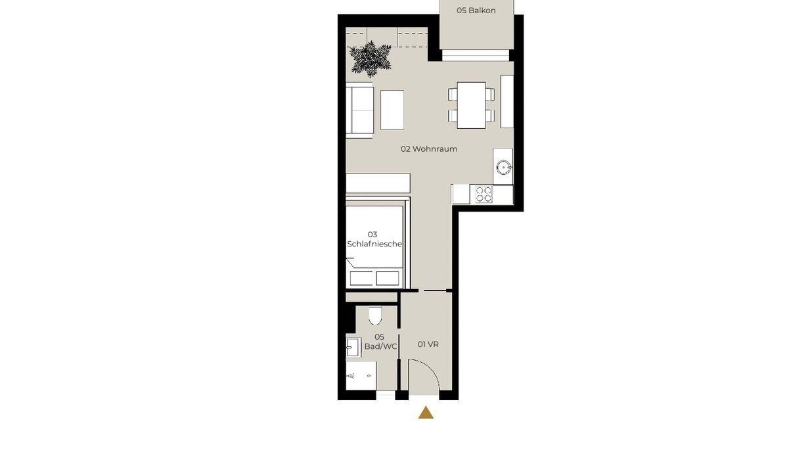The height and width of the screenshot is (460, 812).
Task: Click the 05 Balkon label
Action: [x=476, y=11]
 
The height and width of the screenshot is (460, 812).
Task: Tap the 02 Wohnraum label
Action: [x=429, y=149]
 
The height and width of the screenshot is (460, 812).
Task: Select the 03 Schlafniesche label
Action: [x=374, y=239]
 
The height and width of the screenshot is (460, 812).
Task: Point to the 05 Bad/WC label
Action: [x=380, y=342]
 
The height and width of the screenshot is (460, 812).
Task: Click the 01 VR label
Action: [x=428, y=344]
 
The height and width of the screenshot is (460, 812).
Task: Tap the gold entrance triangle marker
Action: [x=426, y=413]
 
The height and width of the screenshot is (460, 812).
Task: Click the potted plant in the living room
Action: [x=371, y=59]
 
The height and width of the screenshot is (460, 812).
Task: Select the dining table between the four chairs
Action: [x=471, y=105]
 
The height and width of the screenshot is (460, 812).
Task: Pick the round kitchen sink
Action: [x=503, y=167]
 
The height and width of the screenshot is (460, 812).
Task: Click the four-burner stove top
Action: [x=484, y=195]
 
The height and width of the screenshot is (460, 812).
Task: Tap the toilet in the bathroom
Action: [x=375, y=315]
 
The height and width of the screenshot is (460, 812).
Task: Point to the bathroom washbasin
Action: [x=353, y=347]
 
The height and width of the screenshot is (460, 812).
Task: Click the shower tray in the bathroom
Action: [x=361, y=376]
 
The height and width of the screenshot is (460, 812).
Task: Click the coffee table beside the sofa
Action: [x=392, y=110]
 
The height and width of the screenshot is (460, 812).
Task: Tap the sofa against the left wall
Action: [x=359, y=110]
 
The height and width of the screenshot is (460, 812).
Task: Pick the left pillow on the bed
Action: [x=361, y=279]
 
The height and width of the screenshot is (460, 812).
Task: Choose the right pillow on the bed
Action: [x=388, y=279]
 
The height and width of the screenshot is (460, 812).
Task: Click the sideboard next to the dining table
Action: [x=507, y=101]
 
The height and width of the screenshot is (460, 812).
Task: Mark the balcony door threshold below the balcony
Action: [x=476, y=55]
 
